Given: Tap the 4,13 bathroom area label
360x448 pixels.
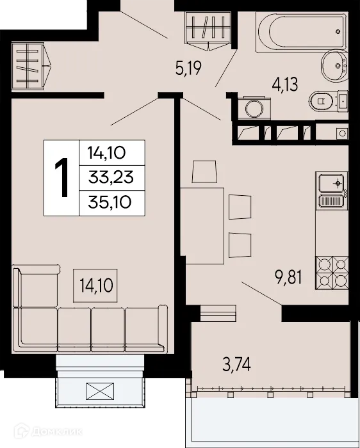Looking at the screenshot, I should pos(286,86).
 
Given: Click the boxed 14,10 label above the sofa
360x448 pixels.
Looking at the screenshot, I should pos(96,284).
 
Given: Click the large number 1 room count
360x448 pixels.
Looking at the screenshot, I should pos(61,177).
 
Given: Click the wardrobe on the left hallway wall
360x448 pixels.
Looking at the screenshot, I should pos(31,65).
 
